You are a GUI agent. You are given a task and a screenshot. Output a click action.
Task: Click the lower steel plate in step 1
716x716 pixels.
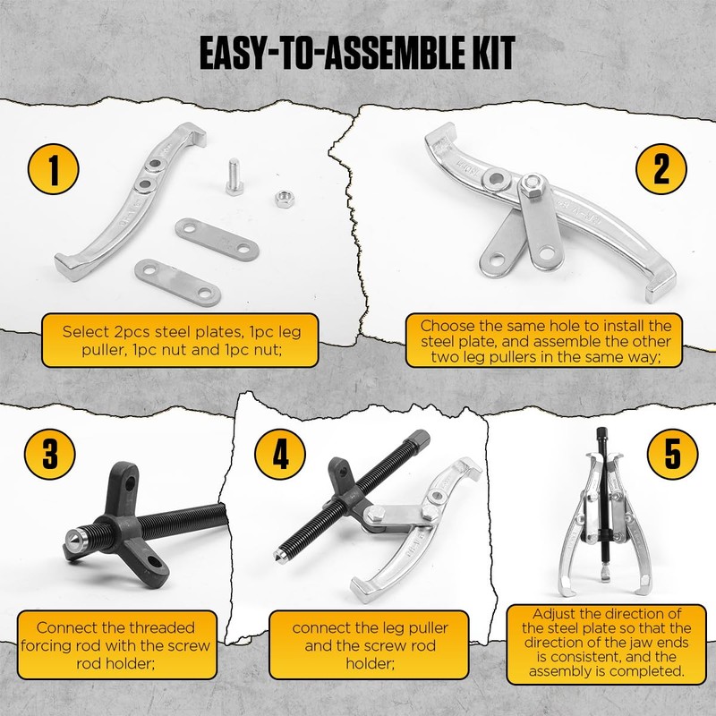click(178, 280)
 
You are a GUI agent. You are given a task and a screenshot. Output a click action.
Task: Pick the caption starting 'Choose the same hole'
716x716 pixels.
click(545, 340)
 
